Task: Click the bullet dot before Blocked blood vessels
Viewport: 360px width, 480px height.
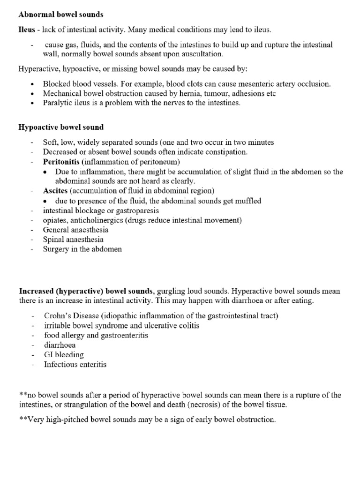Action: (32, 84)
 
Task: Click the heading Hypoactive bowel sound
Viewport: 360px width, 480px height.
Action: (61, 127)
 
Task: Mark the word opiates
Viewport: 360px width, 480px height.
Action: (55, 220)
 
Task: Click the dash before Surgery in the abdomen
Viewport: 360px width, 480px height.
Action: (32, 249)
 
